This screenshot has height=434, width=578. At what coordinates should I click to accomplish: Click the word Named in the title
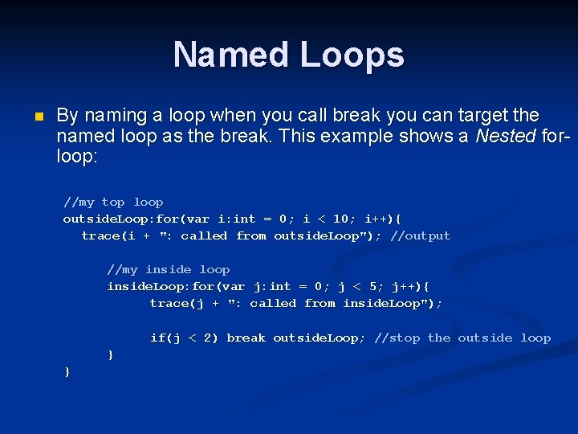pos(232,55)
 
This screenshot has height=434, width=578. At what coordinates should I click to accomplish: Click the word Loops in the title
pos(352,55)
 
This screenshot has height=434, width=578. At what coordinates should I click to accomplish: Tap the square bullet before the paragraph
pos(35,117)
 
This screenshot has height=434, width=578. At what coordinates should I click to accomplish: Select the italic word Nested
pos(503,136)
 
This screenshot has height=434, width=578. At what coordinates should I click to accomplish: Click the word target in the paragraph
pos(456,115)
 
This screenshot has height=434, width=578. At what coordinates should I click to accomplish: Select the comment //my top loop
pos(113,203)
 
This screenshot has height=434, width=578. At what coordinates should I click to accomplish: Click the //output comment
pos(421,235)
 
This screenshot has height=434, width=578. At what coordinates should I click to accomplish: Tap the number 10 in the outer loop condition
pos(340,219)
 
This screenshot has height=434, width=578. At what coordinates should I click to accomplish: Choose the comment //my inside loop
pos(169,269)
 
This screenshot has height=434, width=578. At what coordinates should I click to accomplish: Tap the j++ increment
pos(410,286)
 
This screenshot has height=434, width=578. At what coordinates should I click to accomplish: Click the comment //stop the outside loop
pos(462,338)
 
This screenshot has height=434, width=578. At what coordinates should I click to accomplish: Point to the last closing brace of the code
pos(67,371)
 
